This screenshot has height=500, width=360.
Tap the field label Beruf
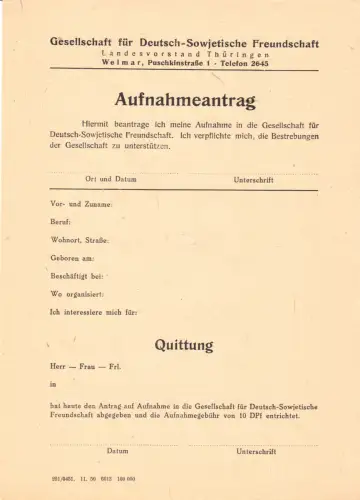pos(61,221)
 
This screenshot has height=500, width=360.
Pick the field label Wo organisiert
pos(74,293)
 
